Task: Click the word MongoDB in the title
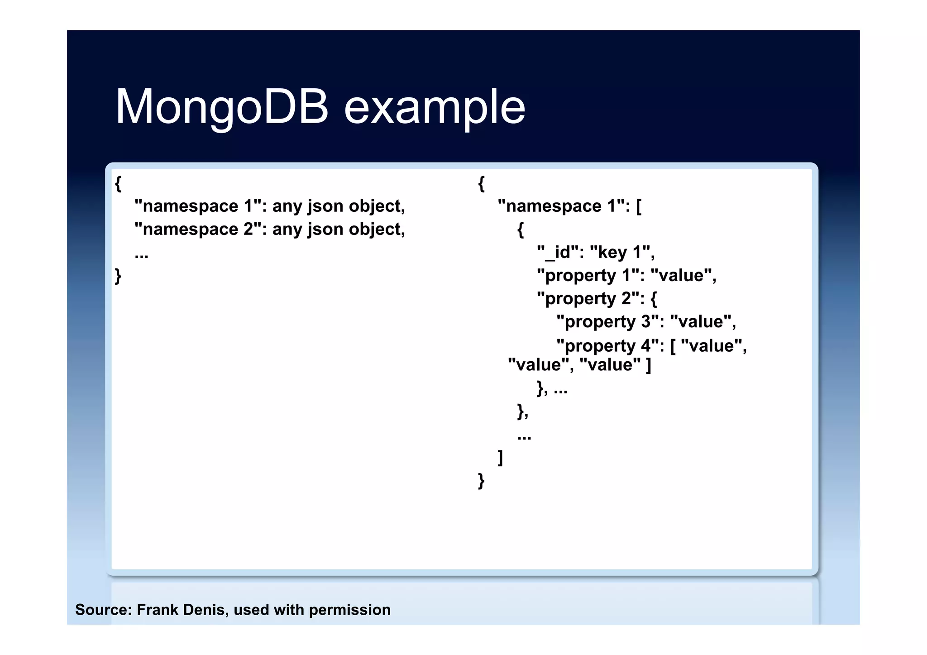click(222, 107)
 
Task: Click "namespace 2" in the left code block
click(198, 229)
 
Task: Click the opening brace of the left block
click(118, 183)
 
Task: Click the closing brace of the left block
click(118, 275)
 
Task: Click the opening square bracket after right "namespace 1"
click(639, 206)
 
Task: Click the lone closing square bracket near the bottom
click(500, 457)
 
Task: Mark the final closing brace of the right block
click(481, 480)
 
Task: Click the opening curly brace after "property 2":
click(654, 298)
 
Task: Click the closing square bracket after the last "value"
click(649, 365)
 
